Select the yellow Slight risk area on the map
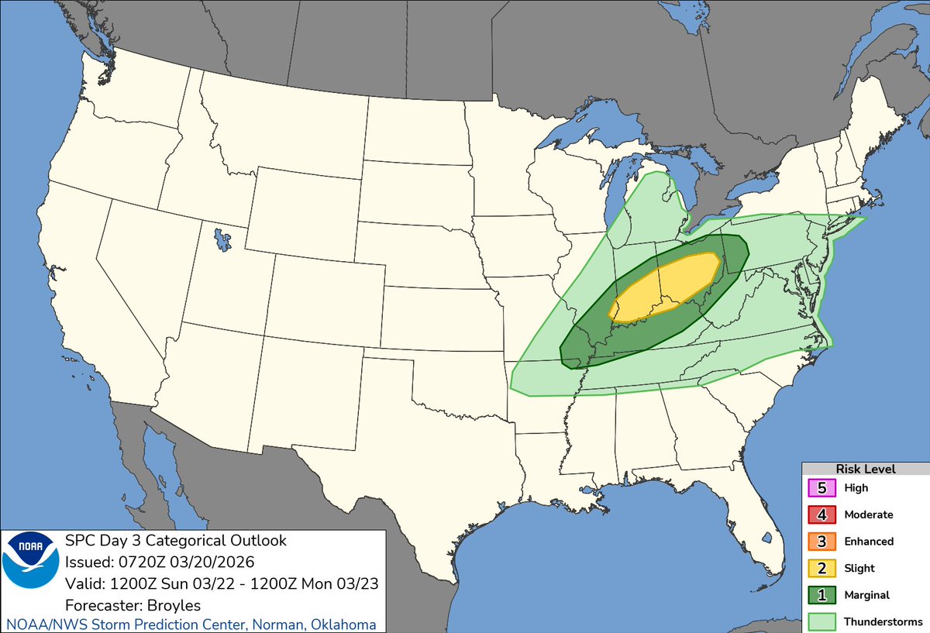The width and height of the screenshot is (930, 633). [x=665, y=287]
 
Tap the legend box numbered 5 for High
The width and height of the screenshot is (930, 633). [x=822, y=489]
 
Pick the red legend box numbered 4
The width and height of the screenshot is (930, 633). [x=822, y=515]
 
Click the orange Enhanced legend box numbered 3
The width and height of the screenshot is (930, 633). [x=822, y=542]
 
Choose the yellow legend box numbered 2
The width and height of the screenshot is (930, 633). [x=822, y=569]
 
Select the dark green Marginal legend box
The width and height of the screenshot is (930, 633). [x=822, y=595]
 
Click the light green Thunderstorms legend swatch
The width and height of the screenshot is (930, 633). [x=822, y=621]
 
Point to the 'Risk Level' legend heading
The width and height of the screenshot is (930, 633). [x=866, y=470]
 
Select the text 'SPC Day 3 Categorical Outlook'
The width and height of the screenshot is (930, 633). [x=175, y=541]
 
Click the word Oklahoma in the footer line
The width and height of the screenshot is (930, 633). [x=346, y=624]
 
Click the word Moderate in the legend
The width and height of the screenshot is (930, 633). [x=869, y=515]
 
